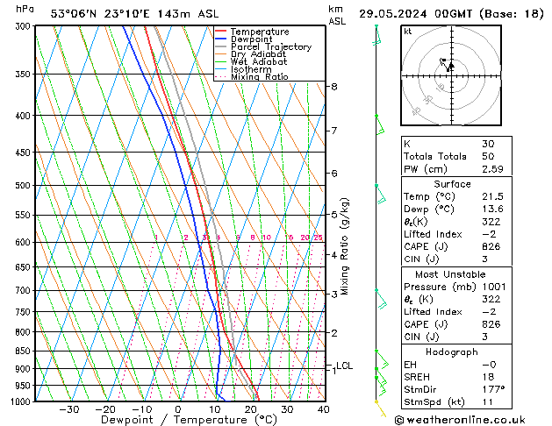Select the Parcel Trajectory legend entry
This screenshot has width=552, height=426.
pos(270,47)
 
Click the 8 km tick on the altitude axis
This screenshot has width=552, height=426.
pos(333,87)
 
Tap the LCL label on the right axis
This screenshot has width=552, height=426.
pos(344,366)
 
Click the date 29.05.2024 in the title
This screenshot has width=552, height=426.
pos(392,14)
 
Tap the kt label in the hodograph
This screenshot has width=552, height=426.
pos(408,31)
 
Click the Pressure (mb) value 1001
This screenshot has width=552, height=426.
pos(493,287)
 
